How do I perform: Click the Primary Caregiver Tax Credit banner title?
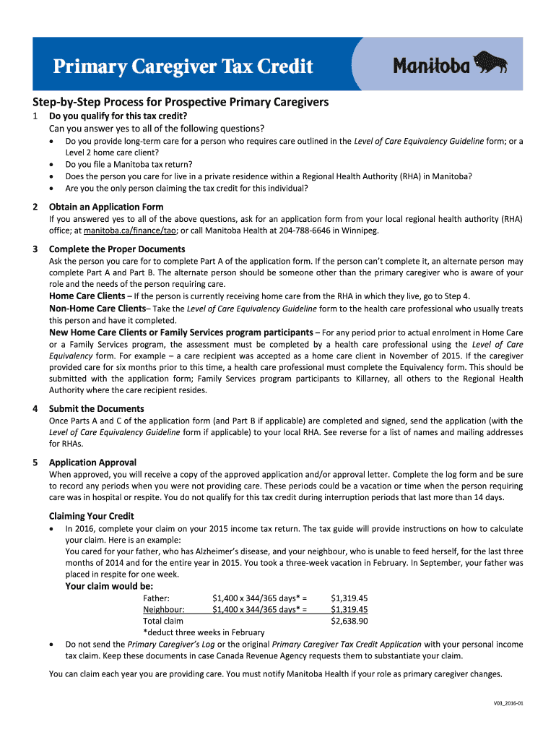183,67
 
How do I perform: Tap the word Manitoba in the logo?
431,66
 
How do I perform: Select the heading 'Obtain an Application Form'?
106,207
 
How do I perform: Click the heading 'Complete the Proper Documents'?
117,249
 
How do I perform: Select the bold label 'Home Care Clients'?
87,296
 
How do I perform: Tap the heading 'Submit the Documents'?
97,408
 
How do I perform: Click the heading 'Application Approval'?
92,462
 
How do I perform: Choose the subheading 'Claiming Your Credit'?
91,516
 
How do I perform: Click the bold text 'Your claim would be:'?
109,586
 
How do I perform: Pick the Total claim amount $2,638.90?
349,621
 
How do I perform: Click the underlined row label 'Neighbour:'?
164,609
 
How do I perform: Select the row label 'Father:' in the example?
156,598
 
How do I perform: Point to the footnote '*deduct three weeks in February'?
204,632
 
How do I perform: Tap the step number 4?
35,408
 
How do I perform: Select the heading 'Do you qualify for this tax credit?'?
118,116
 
